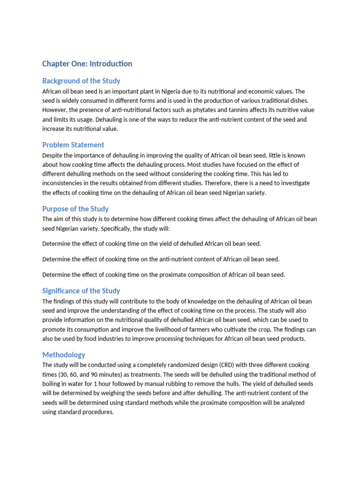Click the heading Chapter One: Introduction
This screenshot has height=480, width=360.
pyautogui.click(x=87, y=64)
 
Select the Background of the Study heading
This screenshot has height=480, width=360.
pyautogui.click(x=81, y=81)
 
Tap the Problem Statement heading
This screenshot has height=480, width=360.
pyautogui.click(x=73, y=144)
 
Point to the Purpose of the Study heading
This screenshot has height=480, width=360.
pyautogui.click(x=75, y=209)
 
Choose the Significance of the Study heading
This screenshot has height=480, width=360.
pyautogui.click(x=81, y=291)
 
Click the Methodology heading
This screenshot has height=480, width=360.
pyautogui.click(x=64, y=355)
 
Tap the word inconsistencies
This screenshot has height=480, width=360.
pyautogui.click(x=64, y=183)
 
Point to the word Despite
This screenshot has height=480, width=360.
pyautogui.click(x=52, y=155)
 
